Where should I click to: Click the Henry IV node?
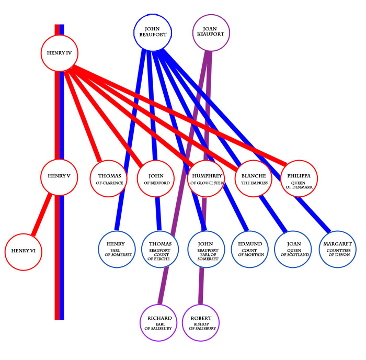tap(59, 52)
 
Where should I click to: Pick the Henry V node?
tap(59, 176)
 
